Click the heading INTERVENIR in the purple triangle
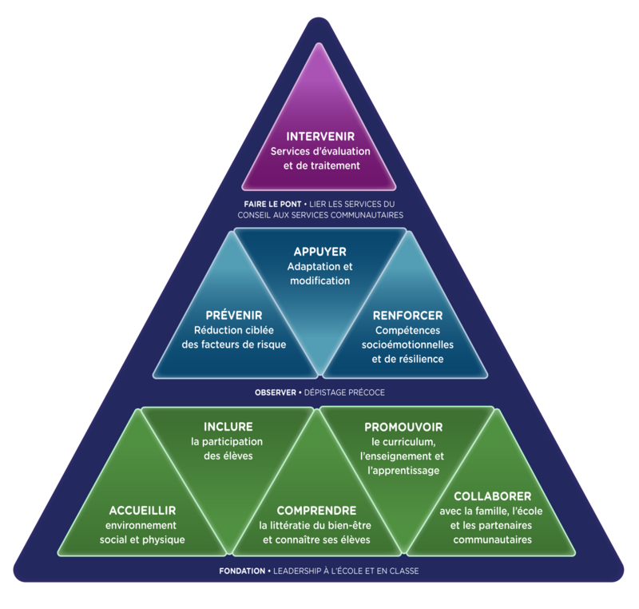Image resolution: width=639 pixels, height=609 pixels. tap(319, 137)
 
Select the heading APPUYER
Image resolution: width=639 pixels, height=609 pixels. tap(319, 252)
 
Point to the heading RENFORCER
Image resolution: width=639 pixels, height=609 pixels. tap(407, 316)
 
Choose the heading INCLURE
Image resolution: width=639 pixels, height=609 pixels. tap(228, 427)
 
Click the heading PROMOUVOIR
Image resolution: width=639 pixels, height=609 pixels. tap(403, 428)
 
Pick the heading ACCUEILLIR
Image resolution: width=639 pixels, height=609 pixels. tap(142, 510)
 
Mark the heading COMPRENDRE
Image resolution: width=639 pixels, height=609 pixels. tap(316, 510)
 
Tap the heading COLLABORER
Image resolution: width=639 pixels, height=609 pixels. tap(486, 496)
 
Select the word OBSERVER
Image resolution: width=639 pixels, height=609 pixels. tap(276, 393)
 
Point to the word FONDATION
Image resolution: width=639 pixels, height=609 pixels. tap(243, 571)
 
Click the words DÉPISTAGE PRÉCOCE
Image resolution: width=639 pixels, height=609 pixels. tap(344, 393)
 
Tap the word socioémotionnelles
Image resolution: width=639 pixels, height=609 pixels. tap(407, 344)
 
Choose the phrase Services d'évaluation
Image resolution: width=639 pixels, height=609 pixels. tap(319, 152)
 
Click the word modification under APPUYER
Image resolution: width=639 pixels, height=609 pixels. tap(319, 281)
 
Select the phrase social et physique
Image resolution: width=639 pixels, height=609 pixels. tap(142, 539)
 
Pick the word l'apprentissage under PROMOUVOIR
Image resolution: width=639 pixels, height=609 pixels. tap(403, 471)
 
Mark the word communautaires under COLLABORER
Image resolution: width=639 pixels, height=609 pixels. tap(486, 539)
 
